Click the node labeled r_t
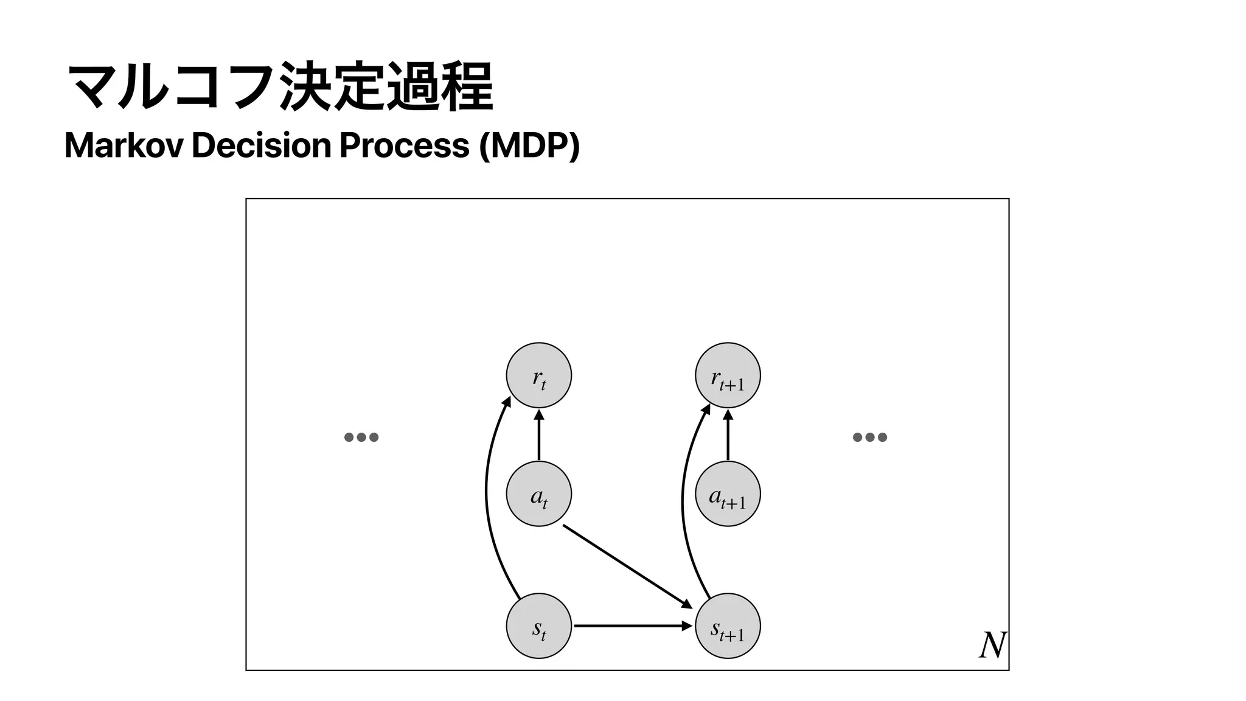(x=538, y=375)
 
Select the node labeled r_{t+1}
(x=728, y=375)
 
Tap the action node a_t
(x=538, y=493)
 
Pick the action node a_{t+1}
(x=728, y=493)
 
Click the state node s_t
(x=538, y=626)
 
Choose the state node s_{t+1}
(x=728, y=626)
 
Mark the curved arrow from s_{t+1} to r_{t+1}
(x=683, y=499)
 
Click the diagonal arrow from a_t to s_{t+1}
(x=627, y=566)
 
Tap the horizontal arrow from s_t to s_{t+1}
(x=633, y=626)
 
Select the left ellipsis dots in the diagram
(x=361, y=437)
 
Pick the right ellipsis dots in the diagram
(x=870, y=437)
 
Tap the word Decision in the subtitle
(x=261, y=146)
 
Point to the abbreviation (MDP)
(x=529, y=146)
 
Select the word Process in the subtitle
(x=404, y=146)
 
